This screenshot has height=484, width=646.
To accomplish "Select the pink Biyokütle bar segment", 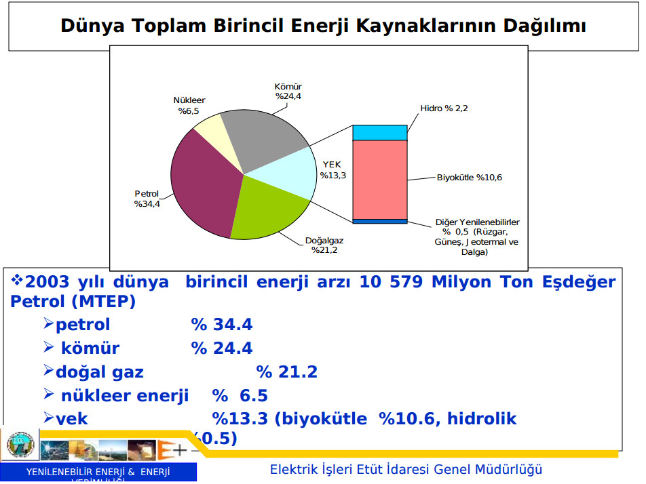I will [379, 180].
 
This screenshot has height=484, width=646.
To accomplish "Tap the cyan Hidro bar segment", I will [379, 132].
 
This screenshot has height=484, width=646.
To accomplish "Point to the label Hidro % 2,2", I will [444, 108].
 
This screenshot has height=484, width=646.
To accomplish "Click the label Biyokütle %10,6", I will [470, 178].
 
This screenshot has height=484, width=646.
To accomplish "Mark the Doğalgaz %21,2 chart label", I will [324, 245].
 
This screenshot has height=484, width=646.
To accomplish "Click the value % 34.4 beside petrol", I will [222, 325].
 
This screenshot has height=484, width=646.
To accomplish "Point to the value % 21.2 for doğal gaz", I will [287, 372].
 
